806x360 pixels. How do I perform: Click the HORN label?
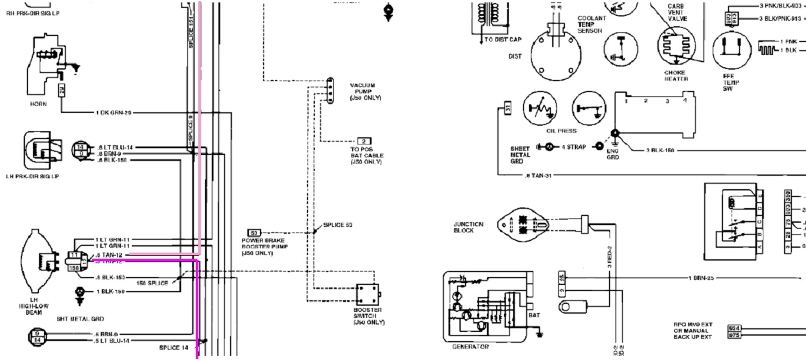(38, 104)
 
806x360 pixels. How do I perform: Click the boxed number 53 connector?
(254, 232)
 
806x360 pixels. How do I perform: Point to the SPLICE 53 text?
(339, 225)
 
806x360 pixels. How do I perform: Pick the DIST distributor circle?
(554, 56)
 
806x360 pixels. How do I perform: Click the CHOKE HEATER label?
(676, 75)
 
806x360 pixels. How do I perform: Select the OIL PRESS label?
(562, 130)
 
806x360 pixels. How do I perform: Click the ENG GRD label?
(613, 154)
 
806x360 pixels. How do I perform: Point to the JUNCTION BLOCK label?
(469, 227)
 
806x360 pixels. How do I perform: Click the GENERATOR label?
(470, 347)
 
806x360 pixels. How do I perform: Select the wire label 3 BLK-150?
(660, 150)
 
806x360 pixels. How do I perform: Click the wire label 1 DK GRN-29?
(114, 113)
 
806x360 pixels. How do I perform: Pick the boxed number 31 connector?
(508, 109)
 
